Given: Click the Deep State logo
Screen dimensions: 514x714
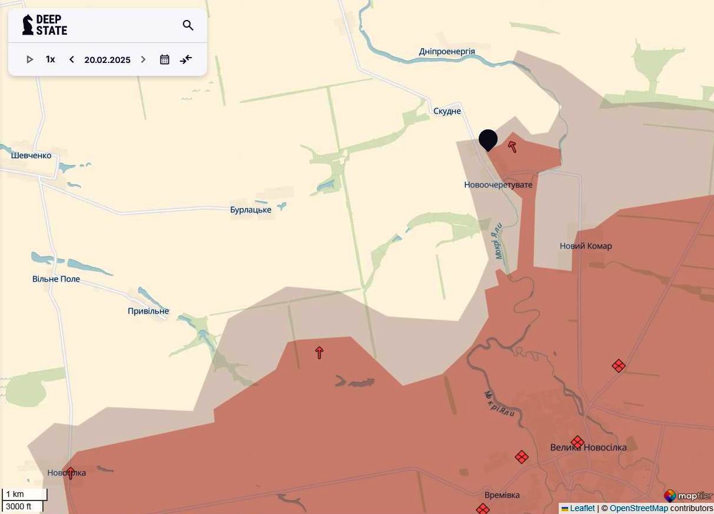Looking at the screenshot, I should pyautogui.click(x=45, y=25).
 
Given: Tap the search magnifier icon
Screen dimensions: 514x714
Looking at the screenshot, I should pyautogui.click(x=188, y=25).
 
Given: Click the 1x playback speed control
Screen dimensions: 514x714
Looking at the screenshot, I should pyautogui.click(x=51, y=59).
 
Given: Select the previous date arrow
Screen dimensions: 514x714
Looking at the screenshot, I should pyautogui.click(x=72, y=59).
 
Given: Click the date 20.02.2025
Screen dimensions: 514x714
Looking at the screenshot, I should pyautogui.click(x=107, y=59).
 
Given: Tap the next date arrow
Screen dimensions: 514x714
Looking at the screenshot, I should pyautogui.click(x=143, y=59).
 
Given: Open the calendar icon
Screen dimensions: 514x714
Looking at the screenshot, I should pyautogui.click(x=165, y=59).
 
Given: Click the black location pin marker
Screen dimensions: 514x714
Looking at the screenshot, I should pyautogui.click(x=488, y=140).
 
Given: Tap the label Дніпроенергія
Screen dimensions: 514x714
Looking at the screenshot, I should pyautogui.click(x=447, y=52).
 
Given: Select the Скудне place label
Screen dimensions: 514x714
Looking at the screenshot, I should pyautogui.click(x=447, y=111).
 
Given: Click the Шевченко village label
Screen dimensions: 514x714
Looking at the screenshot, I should pyautogui.click(x=31, y=156).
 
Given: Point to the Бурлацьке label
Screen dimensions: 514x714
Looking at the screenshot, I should pyautogui.click(x=251, y=210).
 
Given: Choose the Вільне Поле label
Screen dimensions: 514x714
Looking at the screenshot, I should pyautogui.click(x=56, y=279).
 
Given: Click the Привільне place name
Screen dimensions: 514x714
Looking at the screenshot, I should pyautogui.click(x=148, y=311).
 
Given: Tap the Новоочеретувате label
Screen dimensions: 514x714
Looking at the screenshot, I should pyautogui.click(x=498, y=185).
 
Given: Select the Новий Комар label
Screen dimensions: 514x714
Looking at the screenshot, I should pyautogui.click(x=586, y=246).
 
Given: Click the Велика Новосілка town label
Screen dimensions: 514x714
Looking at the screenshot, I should pyautogui.click(x=588, y=448).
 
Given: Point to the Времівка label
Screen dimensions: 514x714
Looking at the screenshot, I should pyautogui.click(x=502, y=495).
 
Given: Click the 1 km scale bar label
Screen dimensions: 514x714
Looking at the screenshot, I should pyautogui.click(x=15, y=494).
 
